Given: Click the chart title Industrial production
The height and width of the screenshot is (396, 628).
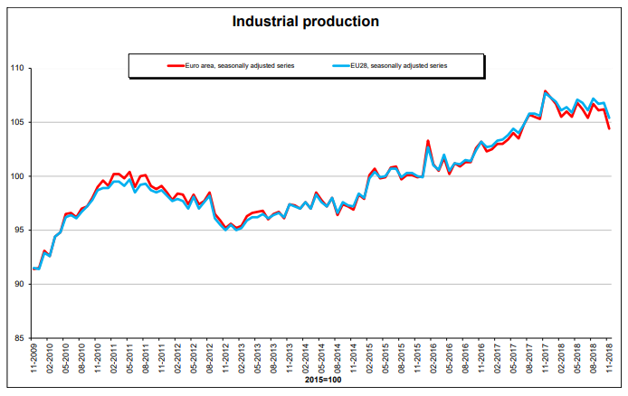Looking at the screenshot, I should [305, 21].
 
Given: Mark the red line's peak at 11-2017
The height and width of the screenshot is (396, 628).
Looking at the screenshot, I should [545, 91].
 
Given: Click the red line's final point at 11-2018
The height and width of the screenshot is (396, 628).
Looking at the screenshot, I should [609, 128].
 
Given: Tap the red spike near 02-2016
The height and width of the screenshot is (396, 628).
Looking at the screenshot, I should [428, 141].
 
